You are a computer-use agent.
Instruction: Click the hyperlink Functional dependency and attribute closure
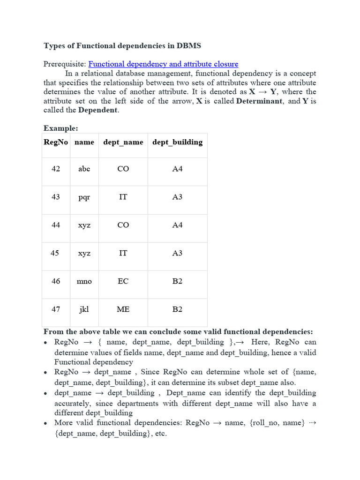coord(163,64)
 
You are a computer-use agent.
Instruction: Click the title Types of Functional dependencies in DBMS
coord(122,45)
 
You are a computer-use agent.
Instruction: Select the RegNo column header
coord(56,142)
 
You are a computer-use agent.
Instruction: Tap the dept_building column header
coord(177,142)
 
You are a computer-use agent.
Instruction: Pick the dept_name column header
coord(123,142)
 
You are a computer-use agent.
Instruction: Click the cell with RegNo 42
coord(56,169)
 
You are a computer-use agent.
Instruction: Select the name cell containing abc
coord(84,169)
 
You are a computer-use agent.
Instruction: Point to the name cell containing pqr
coord(84,197)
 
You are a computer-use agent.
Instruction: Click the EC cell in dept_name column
coord(123,281)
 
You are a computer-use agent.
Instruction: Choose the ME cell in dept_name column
coord(123,309)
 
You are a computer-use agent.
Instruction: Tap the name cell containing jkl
coord(84,309)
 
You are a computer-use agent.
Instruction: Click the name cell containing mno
coord(84,281)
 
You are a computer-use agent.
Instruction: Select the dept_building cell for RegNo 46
coord(177,281)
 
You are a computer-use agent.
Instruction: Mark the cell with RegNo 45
coord(55,253)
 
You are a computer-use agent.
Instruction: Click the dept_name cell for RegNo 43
coord(123,197)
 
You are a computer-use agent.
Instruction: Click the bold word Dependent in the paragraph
coord(98,110)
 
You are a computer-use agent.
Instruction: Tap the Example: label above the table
coord(61,128)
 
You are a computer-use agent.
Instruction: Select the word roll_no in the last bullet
coord(265,423)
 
